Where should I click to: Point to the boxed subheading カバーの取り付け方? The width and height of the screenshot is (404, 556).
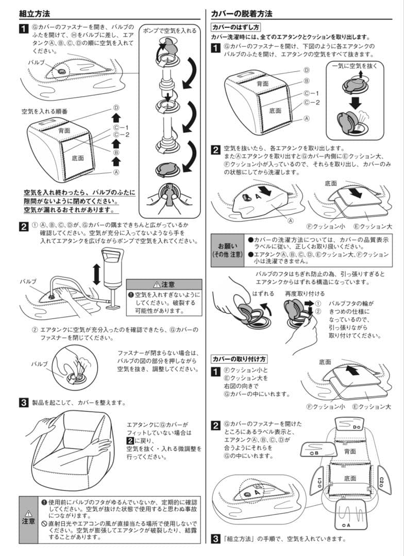pyautogui.click(x=239, y=358)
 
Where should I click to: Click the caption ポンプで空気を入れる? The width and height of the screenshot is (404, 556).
pyautogui.click(x=170, y=30)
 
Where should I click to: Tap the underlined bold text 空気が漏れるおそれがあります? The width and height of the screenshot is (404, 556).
pyautogui.click(x=71, y=210)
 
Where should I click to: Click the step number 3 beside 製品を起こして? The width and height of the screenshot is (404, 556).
pyautogui.click(x=24, y=403)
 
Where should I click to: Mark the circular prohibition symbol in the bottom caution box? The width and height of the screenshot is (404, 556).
pyautogui.click(x=44, y=523)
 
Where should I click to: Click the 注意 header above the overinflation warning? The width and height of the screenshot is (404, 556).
pyautogui.click(x=164, y=284)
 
